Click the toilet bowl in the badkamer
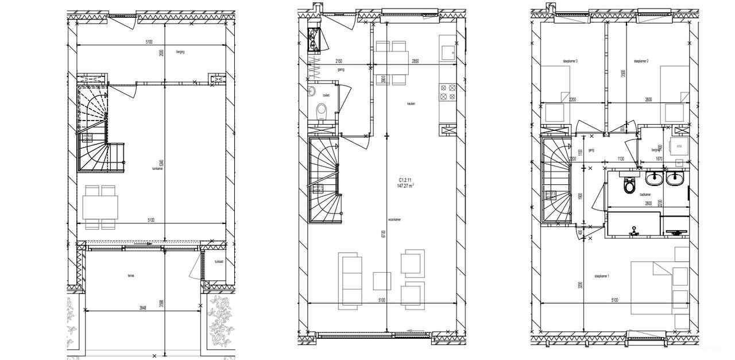pos(629,185)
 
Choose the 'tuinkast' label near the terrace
pos(218,262)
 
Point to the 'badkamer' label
pos(644,195)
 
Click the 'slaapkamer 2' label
pos(641,61)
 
